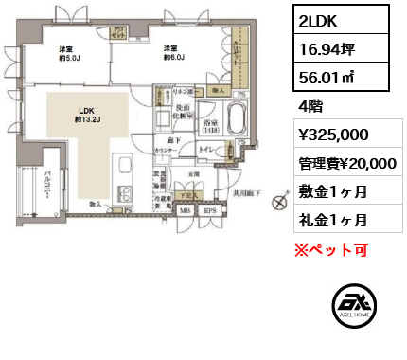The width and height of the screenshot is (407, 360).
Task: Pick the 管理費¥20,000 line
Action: (x=345, y=163)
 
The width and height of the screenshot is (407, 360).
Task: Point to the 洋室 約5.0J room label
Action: (x=65, y=54)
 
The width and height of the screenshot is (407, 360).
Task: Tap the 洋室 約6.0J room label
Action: (x=171, y=54)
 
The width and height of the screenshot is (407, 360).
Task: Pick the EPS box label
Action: (x=209, y=211)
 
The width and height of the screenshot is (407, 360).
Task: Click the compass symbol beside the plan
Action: (x=279, y=202)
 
